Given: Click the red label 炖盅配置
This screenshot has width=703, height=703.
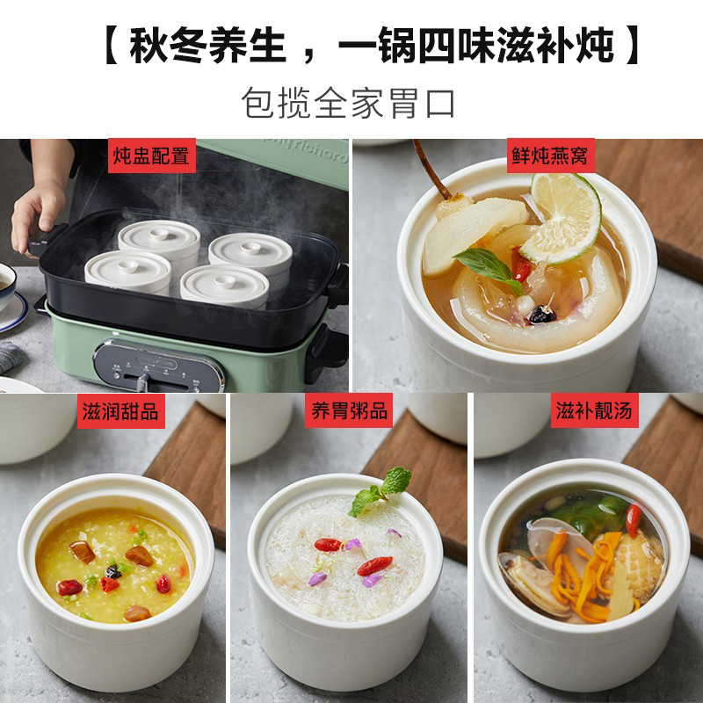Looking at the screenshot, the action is coord(151,156).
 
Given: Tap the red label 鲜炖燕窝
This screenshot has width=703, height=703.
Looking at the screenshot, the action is coord(550,156).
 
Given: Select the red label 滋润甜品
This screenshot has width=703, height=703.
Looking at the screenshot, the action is coord(121,411).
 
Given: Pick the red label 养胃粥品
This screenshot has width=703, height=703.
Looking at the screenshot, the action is coord(349,410).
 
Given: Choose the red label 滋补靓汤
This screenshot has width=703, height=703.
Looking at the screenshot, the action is coord(595,410).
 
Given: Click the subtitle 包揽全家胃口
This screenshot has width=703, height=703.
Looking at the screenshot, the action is coord(348,103).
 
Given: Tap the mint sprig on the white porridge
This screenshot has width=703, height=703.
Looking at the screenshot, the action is coord(380,491).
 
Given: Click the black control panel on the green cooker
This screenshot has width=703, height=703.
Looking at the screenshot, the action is coord(159,366).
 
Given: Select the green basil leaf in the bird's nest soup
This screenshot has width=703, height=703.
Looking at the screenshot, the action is coord(488,268).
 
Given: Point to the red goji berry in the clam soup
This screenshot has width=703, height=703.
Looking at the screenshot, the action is coord(633,520).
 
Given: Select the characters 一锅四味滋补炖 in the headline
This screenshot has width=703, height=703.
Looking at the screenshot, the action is coord(475,46).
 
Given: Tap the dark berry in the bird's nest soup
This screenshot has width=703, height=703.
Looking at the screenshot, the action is coord(541,315).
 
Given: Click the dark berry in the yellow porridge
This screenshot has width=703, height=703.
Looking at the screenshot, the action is coord(113,572).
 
